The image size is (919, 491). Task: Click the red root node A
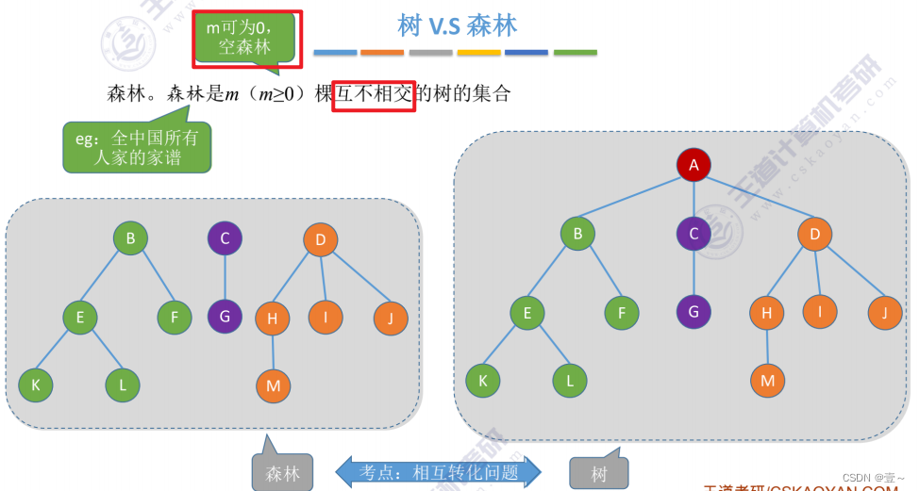693,166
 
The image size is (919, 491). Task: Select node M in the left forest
274,385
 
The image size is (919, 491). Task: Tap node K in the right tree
483,380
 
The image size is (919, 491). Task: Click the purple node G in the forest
225,316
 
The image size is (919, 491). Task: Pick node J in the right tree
885,312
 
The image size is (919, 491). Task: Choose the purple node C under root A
693,234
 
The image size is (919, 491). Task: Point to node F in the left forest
175,318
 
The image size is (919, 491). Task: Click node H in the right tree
767,313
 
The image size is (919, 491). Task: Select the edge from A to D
755,200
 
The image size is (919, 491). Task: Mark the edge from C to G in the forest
225,278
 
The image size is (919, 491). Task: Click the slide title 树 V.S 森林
457,25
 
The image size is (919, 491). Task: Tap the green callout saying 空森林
245,39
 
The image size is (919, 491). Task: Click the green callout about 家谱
138,147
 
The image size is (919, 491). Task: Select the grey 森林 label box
282,473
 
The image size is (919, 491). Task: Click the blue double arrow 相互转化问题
439,471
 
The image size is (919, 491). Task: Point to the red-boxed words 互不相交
375,93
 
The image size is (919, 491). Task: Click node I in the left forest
326,317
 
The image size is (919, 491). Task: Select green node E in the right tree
527,313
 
